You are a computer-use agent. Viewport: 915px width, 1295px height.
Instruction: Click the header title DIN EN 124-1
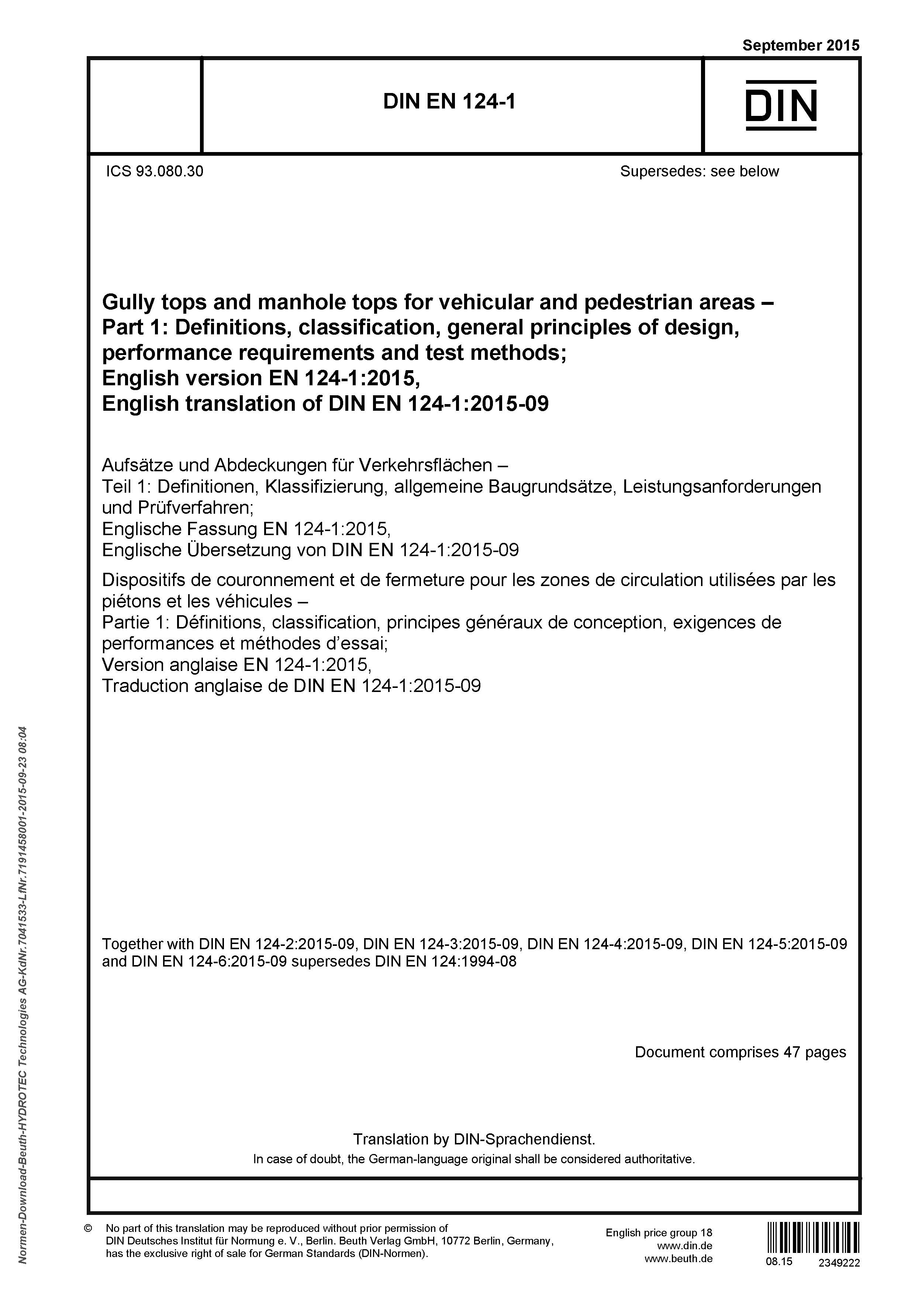449,101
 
